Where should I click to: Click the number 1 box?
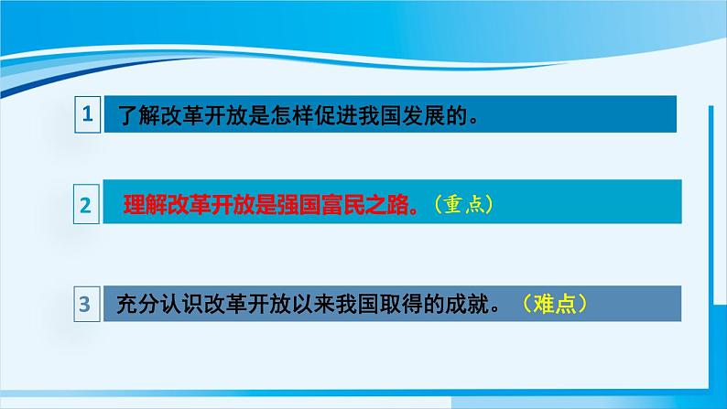88,114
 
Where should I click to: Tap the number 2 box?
86,204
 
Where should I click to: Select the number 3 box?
87,304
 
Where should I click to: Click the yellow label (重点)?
463,204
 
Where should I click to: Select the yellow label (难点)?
555,304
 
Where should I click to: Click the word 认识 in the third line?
181,305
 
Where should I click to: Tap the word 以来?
312,305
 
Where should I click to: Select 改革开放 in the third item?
246,305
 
